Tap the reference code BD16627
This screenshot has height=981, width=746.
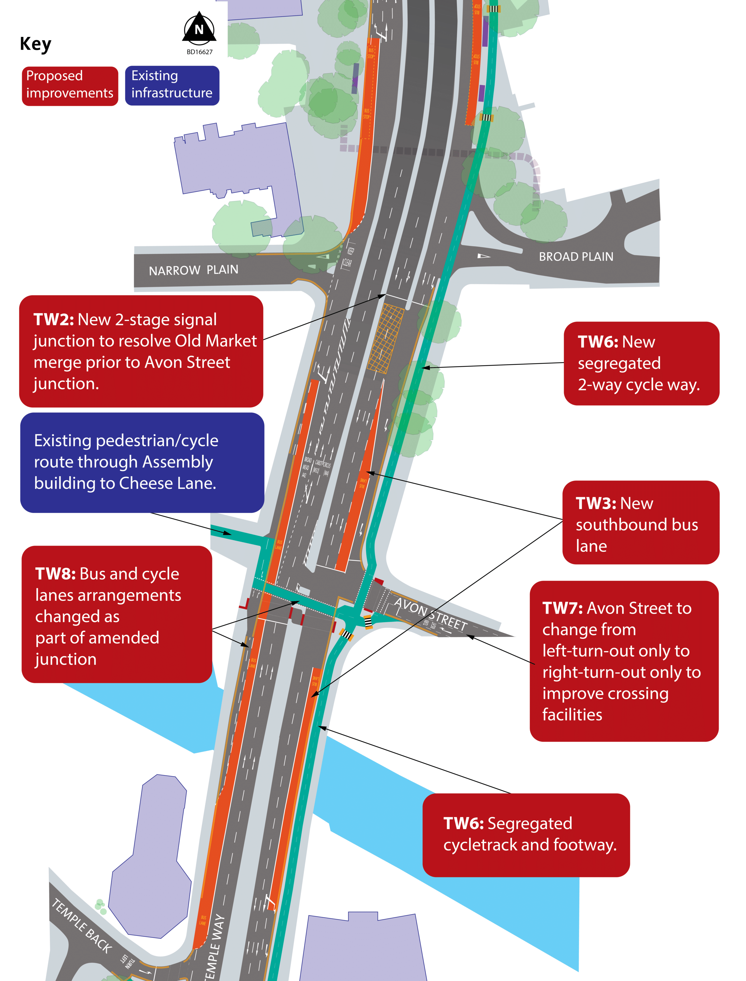pyautogui.click(x=199, y=52)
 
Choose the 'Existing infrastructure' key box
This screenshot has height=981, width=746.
pyautogui.click(x=172, y=86)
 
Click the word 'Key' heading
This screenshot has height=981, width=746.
pyautogui.click(x=36, y=44)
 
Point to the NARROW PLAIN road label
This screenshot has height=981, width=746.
pyautogui.click(x=193, y=270)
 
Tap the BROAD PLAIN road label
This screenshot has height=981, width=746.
pyautogui.click(x=576, y=257)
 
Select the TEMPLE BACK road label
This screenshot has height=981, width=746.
pyautogui.click(x=82, y=926)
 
